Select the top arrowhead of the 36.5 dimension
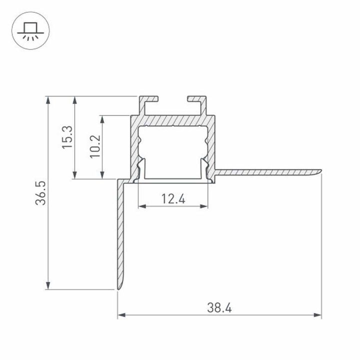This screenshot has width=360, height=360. click(x=48, y=99)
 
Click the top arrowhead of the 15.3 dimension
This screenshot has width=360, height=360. click(x=75, y=99)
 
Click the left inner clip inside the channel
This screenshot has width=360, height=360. click(x=140, y=167)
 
